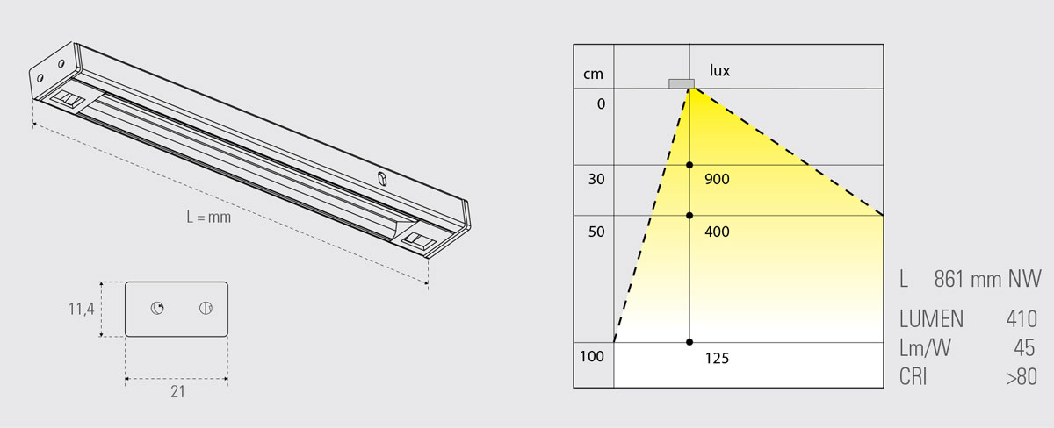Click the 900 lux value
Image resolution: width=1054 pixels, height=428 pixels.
pos(717,179)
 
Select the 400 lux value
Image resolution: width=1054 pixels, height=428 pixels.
pos(717,232)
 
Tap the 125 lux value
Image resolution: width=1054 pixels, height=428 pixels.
pos(717,359)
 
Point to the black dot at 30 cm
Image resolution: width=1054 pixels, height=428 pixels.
pos(689,165)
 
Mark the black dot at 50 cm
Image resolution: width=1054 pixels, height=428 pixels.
pos(689,216)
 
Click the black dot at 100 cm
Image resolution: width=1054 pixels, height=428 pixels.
pos(689,342)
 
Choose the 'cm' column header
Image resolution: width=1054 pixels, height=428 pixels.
pos(593,75)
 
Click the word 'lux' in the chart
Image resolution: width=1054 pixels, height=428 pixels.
pos(719,70)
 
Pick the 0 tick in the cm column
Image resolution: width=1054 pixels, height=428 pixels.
pos(601,103)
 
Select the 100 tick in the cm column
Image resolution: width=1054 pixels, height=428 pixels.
pos(591,357)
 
